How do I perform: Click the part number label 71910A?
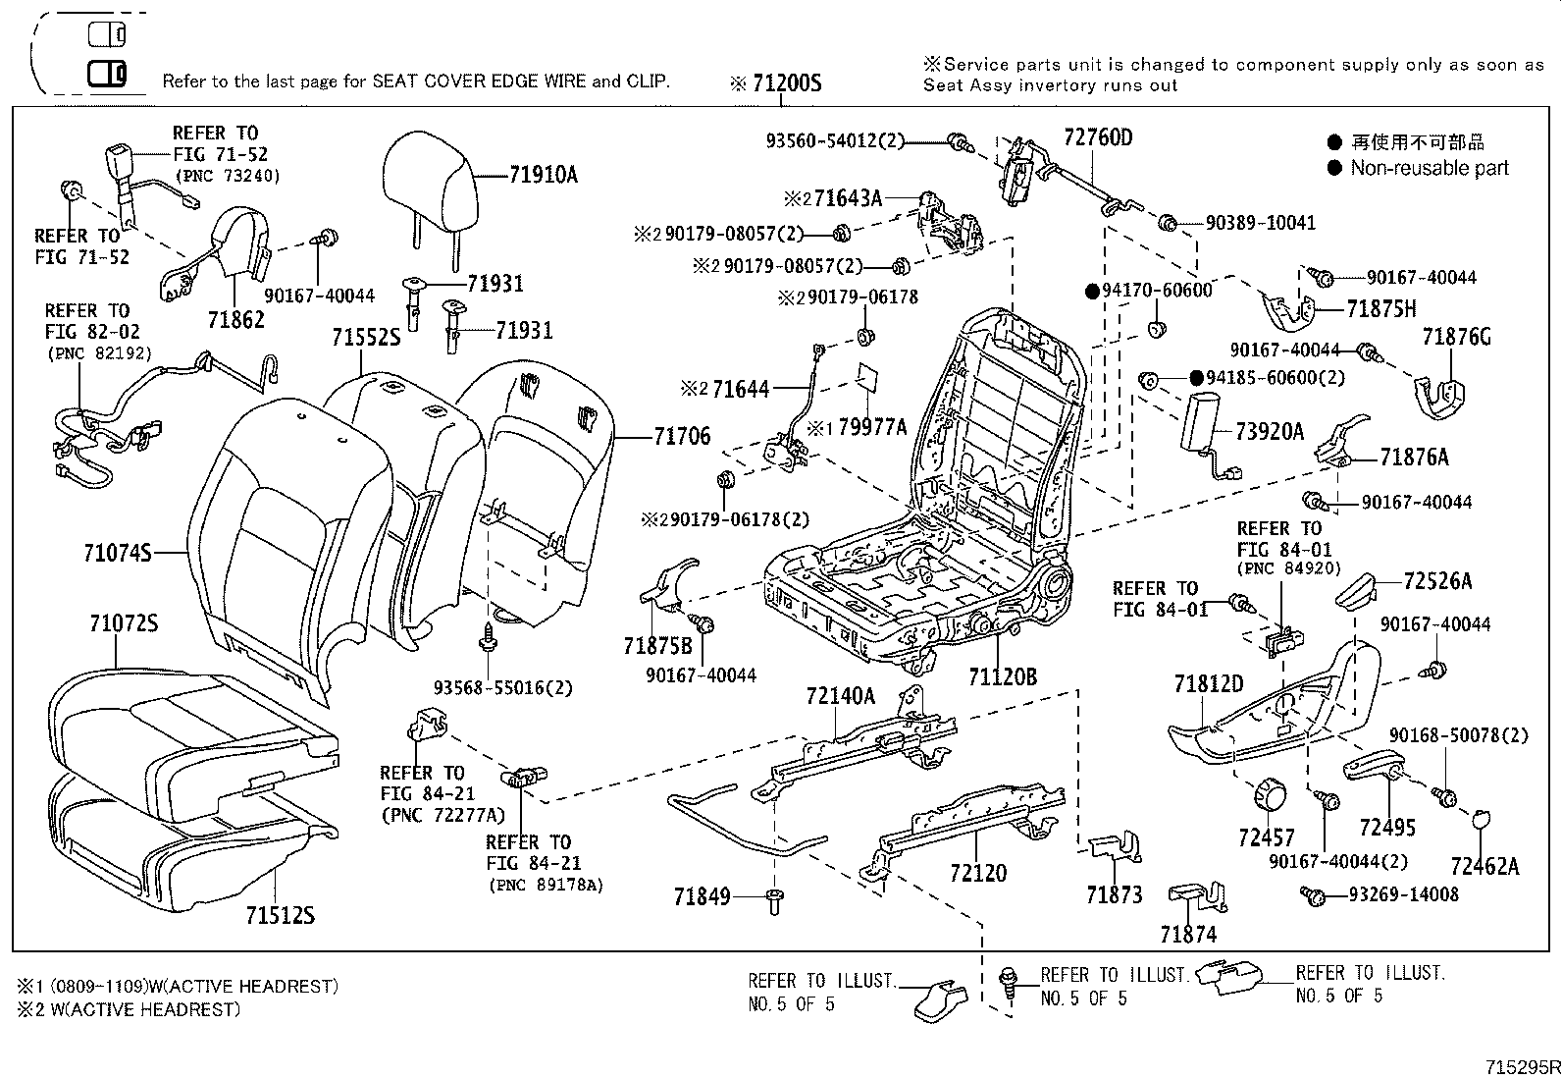[543, 176]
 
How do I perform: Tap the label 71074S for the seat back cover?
[117, 554]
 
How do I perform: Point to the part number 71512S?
[280, 915]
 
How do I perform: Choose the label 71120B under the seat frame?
[1002, 676]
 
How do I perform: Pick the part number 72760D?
[1097, 137]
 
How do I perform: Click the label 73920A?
[1269, 431]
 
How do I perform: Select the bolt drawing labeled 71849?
[773, 901]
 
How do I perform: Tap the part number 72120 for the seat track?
[977, 873]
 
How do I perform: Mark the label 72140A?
[840, 696]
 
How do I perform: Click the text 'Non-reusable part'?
[1429, 168]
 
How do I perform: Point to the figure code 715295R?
[1522, 1067]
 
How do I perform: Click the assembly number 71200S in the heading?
[786, 83]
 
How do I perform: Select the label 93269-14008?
[1403, 894]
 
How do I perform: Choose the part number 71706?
[682, 436]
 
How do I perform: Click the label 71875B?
[657, 645]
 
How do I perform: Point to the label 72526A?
[1437, 581]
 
